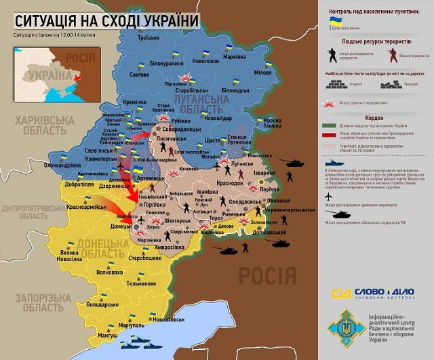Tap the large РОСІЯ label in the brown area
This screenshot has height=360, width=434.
click(267, 275)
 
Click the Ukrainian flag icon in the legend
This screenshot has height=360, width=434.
click(333, 20)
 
